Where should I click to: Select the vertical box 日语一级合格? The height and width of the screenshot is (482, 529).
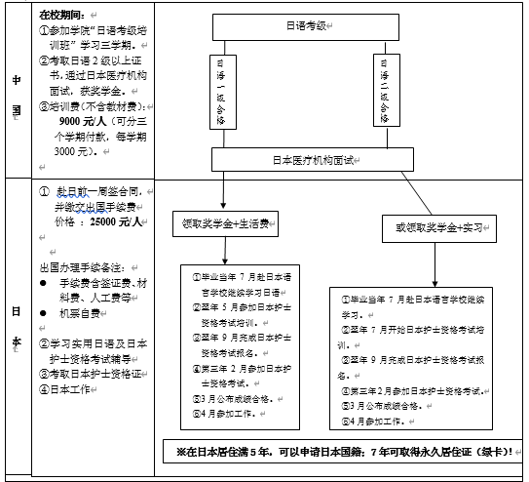(x=220, y=92)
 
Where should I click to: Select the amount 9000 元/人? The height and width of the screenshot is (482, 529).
(x=82, y=119)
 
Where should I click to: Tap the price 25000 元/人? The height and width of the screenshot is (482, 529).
(x=113, y=221)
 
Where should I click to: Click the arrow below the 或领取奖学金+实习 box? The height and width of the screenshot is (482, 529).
(x=428, y=268)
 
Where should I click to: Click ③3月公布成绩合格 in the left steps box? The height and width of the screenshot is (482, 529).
(x=235, y=398)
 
